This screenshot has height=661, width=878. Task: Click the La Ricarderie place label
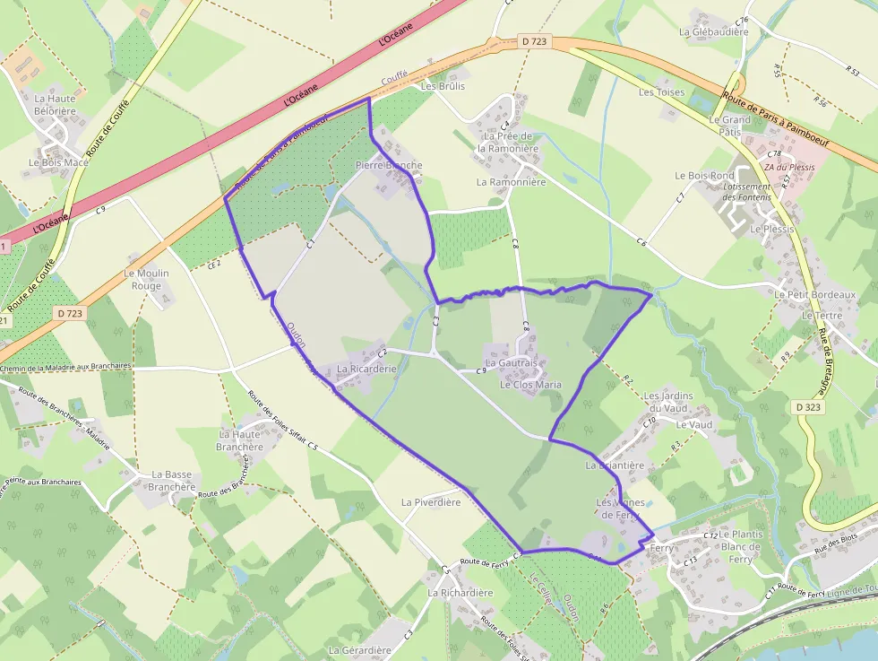pos(366,369)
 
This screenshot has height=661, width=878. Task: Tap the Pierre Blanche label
pos(388,165)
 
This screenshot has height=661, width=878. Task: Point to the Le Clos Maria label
pos(530,385)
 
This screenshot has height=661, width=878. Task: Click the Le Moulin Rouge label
pos(147,280)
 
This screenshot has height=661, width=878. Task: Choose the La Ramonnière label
pos(511,181)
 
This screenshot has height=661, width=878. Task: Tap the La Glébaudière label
pos(713,31)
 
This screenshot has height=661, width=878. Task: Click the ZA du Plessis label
pos(789,168)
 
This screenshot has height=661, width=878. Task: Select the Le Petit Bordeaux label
pos(816,294)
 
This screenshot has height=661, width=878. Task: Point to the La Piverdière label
pos(431,502)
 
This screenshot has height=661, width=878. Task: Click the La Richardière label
pos(461,593)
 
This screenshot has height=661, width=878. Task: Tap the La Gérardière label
pos(360,650)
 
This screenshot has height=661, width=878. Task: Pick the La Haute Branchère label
pos(239,439)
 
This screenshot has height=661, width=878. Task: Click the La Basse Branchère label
pos(172,481)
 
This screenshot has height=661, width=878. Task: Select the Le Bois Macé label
pos(58,162)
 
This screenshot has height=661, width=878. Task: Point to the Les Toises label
pos(661,92)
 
